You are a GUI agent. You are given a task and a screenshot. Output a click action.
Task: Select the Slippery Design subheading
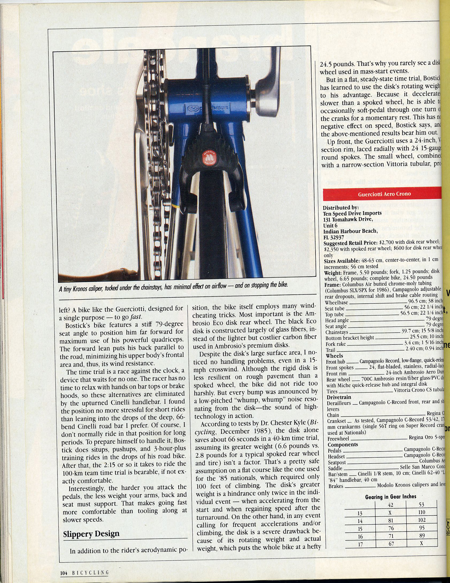pos(91,534)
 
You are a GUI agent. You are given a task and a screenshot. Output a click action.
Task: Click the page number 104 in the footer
pos(64,572)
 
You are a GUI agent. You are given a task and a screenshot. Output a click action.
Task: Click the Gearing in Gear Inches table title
pos(390,496)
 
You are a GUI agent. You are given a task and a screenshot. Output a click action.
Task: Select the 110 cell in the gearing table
pos(421,512)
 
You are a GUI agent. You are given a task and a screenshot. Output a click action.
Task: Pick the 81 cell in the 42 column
pos(391,520)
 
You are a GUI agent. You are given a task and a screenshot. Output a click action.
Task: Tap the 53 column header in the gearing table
pos(422,505)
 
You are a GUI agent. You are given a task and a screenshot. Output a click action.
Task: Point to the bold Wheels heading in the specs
pos(334,355)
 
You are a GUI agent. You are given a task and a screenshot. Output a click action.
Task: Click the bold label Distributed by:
pos(341,207)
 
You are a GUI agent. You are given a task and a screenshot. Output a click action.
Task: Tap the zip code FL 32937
pos(334,237)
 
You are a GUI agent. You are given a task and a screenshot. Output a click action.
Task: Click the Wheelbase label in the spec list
pos(336,302)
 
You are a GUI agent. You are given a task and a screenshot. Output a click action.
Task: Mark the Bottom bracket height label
pos(349,337)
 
